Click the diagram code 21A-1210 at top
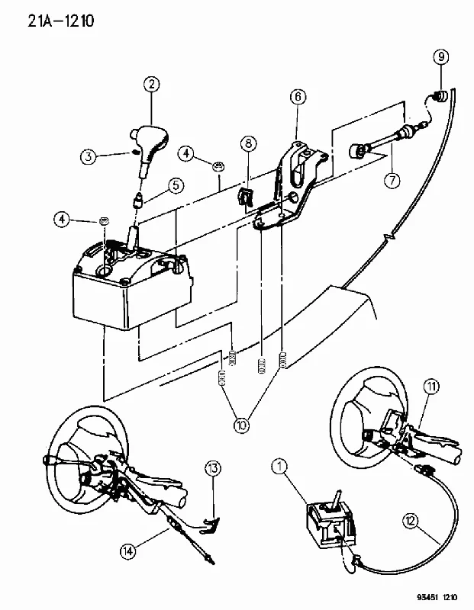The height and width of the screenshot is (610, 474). tap(61, 21)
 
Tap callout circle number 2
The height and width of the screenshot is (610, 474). tap(151, 84)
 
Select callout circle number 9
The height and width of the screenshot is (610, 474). tap(441, 57)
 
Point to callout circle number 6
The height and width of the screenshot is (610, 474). tap(298, 97)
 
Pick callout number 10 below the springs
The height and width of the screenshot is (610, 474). tap(242, 425)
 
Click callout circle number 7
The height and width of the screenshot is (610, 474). tap(392, 180)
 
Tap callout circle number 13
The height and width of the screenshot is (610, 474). tap(213, 469)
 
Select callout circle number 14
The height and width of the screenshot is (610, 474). tap(128, 551)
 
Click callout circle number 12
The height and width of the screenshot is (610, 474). tap(411, 522)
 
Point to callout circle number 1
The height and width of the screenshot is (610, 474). tap(279, 467)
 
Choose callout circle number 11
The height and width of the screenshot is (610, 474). tap(431, 387)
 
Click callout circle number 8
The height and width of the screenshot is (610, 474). tap(249, 144)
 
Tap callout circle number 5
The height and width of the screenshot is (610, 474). tap(176, 185)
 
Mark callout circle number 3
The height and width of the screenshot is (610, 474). tap(89, 156)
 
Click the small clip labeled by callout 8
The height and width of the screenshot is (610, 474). tap(244, 197)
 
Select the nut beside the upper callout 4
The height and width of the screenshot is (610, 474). tap(219, 167)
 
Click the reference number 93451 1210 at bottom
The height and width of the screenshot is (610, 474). tap(437, 597)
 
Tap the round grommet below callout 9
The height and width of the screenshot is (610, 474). tap(441, 96)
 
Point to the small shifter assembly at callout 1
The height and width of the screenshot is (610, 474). tap(331, 523)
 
